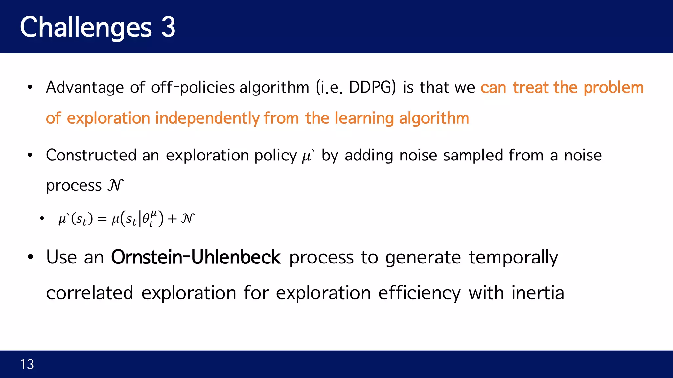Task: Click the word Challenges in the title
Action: [x=85, y=28]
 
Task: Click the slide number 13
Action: [x=27, y=365]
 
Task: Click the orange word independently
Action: [x=207, y=118]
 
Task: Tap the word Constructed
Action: [x=91, y=155]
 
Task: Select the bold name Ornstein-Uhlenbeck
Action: [x=196, y=257]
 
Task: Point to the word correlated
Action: [x=90, y=293]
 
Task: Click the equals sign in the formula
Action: [x=102, y=219]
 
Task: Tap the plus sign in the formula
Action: [x=172, y=219]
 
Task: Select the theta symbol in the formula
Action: [x=146, y=219]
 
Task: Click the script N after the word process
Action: [x=115, y=185]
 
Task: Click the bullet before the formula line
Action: [x=42, y=218]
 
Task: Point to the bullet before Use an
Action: [x=31, y=258]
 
